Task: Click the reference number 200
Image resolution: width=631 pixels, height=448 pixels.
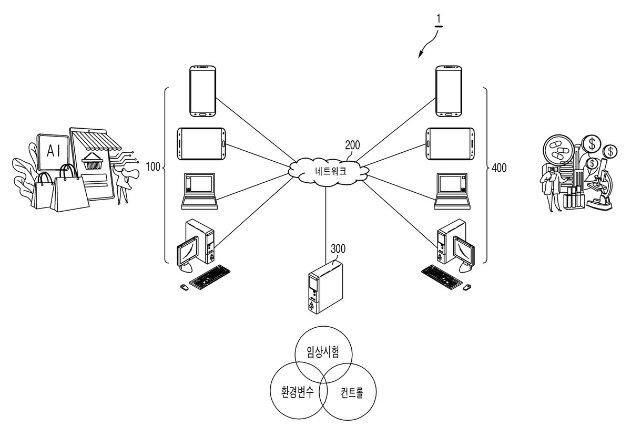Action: (x=352, y=145)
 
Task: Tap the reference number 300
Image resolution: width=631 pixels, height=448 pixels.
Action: (x=338, y=249)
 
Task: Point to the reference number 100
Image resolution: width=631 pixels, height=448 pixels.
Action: (x=153, y=167)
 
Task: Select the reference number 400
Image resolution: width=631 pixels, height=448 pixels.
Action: (x=499, y=168)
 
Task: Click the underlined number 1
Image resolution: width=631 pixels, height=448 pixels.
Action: (x=439, y=20)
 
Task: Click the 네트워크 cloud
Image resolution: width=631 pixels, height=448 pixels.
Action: (x=329, y=171)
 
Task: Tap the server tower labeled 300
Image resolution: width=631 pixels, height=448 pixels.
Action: (x=326, y=287)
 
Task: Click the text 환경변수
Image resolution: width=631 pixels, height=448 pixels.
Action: (x=298, y=392)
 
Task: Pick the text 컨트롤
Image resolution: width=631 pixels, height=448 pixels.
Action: (x=352, y=392)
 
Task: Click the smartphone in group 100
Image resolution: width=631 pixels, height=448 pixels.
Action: (x=203, y=91)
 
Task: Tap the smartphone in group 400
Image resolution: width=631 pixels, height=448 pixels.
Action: (x=449, y=91)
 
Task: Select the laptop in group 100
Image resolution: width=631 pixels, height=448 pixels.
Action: (x=199, y=191)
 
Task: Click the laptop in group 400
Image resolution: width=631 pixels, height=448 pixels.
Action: (x=452, y=191)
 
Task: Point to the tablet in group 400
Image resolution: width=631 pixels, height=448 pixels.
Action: (x=450, y=144)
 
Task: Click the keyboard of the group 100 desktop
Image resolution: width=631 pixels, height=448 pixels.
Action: (x=209, y=277)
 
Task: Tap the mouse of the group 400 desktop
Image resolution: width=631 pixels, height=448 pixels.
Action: (x=467, y=287)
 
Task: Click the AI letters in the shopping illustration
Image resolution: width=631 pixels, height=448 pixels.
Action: (x=54, y=151)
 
